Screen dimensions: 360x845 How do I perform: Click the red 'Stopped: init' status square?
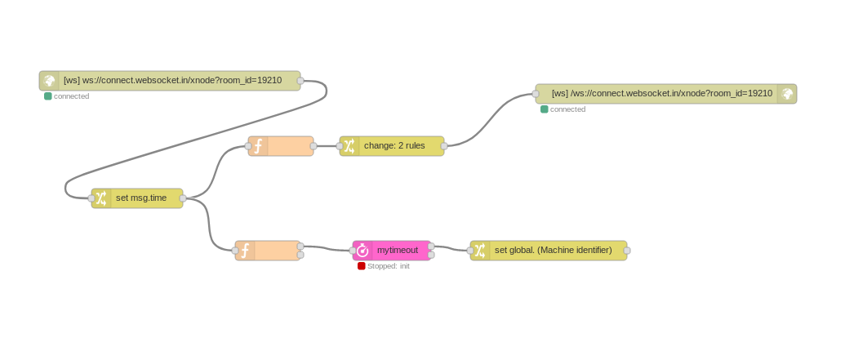pyautogui.click(x=362, y=266)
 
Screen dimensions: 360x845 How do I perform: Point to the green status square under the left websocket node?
pyautogui.click(x=48, y=96)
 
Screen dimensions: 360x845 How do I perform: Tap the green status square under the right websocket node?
pyautogui.click(x=545, y=109)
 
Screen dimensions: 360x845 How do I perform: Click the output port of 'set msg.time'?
pyautogui.click(x=183, y=198)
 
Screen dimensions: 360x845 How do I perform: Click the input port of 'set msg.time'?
pyautogui.click(x=91, y=198)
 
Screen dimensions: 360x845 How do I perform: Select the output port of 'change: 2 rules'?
pyautogui.click(x=444, y=146)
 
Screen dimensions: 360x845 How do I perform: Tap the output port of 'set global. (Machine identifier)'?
pyautogui.click(x=627, y=251)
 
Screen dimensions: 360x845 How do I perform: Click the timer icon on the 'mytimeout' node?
pyautogui.click(x=362, y=251)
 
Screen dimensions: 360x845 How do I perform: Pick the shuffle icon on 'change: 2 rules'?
pyautogui.click(x=349, y=146)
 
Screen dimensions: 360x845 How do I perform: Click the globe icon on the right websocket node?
pyautogui.click(x=787, y=94)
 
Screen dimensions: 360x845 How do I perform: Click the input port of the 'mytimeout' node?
pyautogui.click(x=353, y=251)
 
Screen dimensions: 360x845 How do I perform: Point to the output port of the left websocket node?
pyautogui.click(x=300, y=81)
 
